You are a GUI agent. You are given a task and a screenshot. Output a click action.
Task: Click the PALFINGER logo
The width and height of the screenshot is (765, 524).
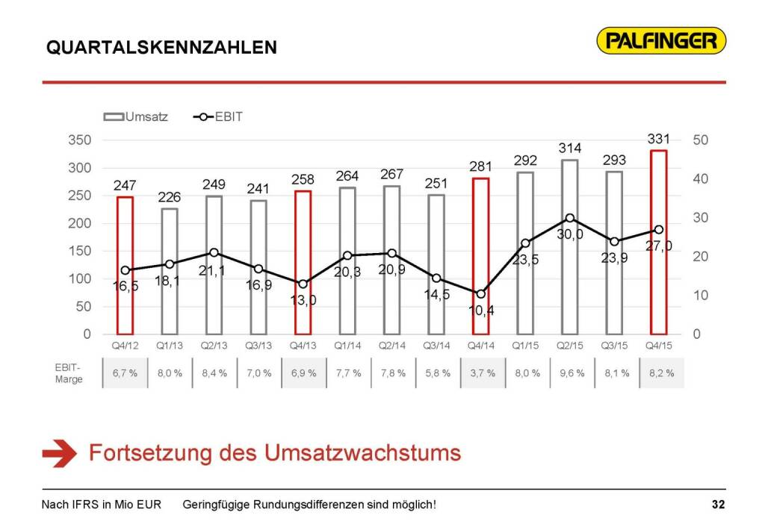(662, 40)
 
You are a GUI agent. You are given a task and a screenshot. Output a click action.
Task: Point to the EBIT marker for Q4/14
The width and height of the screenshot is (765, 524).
(480, 293)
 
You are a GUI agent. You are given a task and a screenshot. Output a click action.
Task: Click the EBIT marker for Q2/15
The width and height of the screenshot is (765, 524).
(569, 218)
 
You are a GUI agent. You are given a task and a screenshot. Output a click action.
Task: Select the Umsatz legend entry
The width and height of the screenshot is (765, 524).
(136, 116)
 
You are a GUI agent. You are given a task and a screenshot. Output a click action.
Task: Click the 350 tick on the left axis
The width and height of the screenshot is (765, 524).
(81, 140)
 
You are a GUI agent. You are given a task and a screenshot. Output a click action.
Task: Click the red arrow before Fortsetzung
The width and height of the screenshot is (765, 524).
(60, 453)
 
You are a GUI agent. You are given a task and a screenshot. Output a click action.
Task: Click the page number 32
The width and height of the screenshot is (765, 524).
(718, 505)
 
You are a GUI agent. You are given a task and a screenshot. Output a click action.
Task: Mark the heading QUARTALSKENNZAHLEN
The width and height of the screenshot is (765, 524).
(161, 47)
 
